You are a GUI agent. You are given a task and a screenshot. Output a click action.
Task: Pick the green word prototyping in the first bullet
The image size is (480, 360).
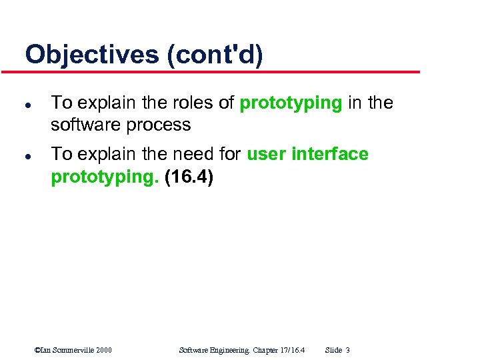coord(291,103)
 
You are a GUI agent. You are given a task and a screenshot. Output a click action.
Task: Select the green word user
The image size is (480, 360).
coord(267,154)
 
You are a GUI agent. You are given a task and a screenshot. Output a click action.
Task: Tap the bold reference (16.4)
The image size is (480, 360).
coord(188,178)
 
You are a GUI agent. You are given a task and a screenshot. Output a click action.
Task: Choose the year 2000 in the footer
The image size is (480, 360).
coord(103,350)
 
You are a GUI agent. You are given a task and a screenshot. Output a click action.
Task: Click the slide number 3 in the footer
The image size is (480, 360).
coord(348,350)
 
